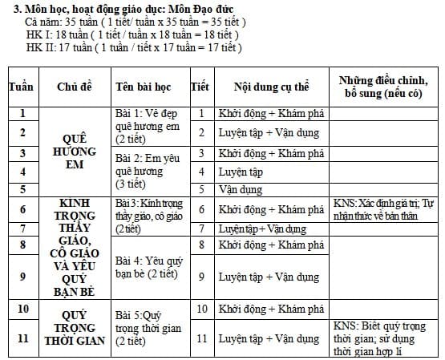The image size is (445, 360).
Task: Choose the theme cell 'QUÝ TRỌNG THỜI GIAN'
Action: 79,328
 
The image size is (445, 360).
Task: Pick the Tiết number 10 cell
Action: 202,309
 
